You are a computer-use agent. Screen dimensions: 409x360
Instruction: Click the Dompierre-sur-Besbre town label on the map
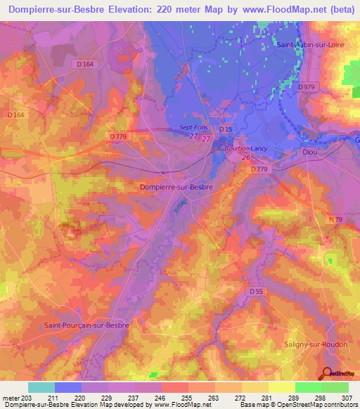[x=176, y=188]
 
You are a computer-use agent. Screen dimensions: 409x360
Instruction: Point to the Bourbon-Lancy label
[x=243, y=149]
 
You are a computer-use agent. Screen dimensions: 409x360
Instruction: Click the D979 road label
[x=305, y=87]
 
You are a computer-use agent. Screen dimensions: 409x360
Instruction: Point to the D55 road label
[x=257, y=291]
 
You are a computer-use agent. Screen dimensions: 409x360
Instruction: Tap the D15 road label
[x=225, y=130]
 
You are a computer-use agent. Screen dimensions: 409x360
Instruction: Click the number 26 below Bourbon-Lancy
[x=247, y=158]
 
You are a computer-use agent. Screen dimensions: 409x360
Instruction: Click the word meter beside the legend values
[x=10, y=398]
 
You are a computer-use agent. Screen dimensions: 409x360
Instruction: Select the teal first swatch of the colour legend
[x=41, y=387]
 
